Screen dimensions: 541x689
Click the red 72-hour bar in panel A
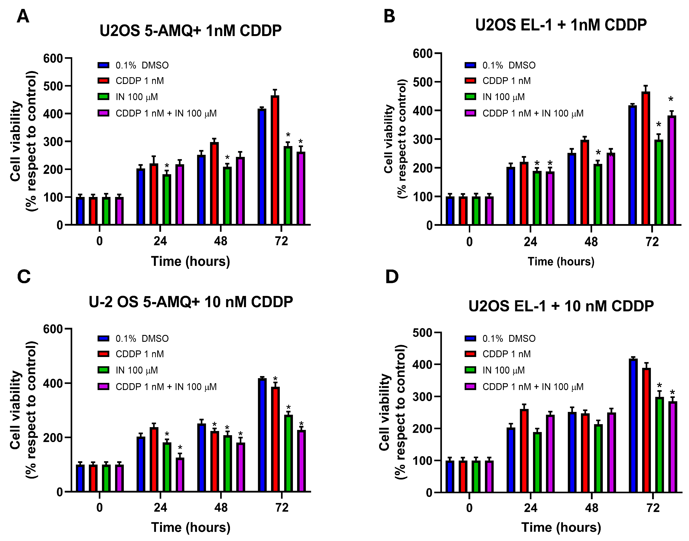(275, 160)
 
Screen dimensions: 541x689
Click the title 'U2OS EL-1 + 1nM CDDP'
(561, 25)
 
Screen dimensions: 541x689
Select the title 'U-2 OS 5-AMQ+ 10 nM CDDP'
(191, 302)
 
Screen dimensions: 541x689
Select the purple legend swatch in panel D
(471, 386)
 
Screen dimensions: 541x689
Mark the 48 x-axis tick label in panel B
(591, 242)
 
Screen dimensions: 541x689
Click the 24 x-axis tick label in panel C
(160, 508)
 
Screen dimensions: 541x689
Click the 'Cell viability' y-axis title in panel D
(384, 412)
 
